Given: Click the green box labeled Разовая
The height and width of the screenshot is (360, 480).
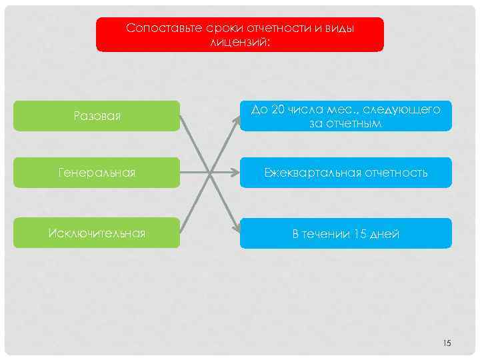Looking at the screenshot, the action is [97, 116].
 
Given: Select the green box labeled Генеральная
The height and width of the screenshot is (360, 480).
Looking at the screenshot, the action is [97, 173].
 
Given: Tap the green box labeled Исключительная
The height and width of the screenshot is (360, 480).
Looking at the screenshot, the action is [97, 233].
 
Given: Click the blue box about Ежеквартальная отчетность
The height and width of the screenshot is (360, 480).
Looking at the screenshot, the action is [345, 173].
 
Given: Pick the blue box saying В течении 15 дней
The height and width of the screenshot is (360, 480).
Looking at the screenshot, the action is [345, 233].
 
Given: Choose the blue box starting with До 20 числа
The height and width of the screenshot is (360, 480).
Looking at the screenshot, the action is [345, 116].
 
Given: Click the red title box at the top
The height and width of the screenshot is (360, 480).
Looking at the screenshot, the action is [240, 35].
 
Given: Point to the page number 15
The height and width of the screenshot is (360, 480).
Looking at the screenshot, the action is [447, 343].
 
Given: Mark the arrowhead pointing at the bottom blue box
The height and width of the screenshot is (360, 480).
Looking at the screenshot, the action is [237, 228].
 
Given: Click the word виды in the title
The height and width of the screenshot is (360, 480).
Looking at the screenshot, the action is [339, 29].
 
